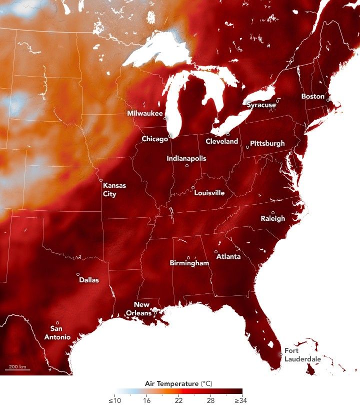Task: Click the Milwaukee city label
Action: (x=144, y=114)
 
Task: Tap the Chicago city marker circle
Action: (x=170, y=136)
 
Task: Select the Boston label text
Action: (x=312, y=96)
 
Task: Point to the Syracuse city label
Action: (x=261, y=105)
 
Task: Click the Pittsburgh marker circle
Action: (x=247, y=147)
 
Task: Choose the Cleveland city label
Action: (x=221, y=142)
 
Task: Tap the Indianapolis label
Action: (x=186, y=159)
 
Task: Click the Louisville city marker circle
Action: (x=193, y=188)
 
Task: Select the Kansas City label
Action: (x=114, y=189)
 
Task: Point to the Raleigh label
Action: (x=273, y=218)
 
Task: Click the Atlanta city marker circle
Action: (x=216, y=252)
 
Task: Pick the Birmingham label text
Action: (x=189, y=263)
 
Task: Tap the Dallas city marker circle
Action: (x=78, y=274)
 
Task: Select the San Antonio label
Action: (x=60, y=333)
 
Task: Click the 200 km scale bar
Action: (x=18, y=369)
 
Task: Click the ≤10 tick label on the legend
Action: (x=114, y=400)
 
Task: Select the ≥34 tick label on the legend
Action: (x=241, y=400)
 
